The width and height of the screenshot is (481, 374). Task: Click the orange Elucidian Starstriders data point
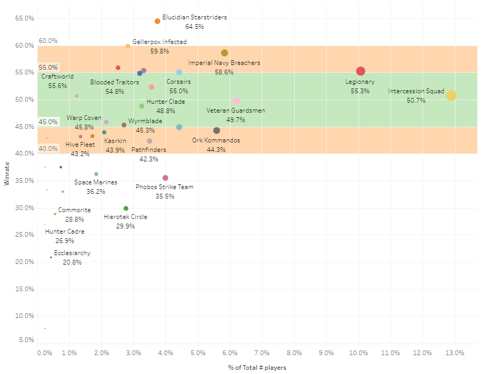158,21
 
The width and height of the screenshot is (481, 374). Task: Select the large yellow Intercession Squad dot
451,95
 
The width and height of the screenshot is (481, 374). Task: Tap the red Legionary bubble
361,71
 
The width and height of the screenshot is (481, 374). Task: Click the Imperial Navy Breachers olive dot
225,53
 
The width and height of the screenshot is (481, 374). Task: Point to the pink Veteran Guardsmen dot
237,101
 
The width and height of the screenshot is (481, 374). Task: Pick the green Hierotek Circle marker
126,208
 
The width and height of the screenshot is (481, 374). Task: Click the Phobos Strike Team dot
165,178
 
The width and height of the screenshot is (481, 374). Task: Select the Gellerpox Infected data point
128,47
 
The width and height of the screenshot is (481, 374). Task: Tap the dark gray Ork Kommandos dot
217,130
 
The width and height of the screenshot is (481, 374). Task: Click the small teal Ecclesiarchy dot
51,257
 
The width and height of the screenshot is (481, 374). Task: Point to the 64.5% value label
194,26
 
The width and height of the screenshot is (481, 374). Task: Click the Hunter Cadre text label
64,232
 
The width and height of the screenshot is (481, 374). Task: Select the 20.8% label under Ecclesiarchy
72,262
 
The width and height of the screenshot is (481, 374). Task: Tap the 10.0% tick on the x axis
359,353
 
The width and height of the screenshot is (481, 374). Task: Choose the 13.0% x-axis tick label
455,353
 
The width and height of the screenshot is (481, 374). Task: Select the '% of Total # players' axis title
257,368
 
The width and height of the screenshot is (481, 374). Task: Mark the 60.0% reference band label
48,41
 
